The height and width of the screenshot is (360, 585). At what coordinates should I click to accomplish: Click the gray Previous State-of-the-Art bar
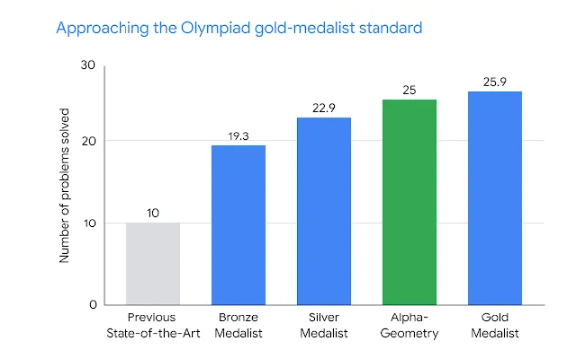coord(153,263)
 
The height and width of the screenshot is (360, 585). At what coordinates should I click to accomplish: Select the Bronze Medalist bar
coord(239,225)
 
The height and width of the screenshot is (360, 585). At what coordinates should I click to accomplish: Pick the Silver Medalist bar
coord(324,211)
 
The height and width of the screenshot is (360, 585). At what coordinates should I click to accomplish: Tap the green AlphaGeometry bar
coord(410,202)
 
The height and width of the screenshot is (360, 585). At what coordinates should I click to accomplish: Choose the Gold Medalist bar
coord(495,198)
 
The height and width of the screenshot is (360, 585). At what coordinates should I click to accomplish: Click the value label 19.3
coord(239,136)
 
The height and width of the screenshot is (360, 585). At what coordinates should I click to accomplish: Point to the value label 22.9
coord(324,108)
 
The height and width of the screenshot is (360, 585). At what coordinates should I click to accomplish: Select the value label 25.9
coord(495,82)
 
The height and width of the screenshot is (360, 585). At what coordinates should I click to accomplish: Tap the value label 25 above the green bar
coord(409,90)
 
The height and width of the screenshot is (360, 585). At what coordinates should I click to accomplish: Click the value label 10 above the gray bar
coord(153,213)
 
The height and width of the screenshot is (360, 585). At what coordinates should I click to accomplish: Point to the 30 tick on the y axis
coord(88,65)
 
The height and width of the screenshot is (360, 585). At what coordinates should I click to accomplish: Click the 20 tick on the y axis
coord(89,141)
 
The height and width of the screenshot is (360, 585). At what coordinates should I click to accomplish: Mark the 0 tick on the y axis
coord(93,305)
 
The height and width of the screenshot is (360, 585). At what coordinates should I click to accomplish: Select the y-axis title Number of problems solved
coord(64,185)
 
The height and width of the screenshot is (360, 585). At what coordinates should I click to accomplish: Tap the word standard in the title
coord(390,28)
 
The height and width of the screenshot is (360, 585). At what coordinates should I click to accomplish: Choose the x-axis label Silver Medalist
coord(324,325)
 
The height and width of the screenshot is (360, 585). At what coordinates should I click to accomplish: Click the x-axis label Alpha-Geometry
coord(409,325)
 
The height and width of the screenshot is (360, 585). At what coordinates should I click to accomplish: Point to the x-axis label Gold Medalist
coord(495,325)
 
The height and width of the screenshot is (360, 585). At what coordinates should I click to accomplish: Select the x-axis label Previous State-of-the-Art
coord(152,325)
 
